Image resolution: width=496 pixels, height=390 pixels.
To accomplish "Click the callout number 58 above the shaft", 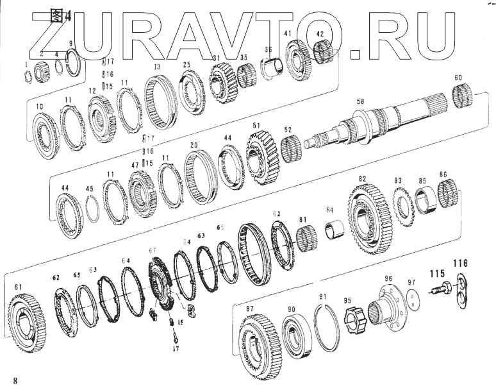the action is [x=360, y=102].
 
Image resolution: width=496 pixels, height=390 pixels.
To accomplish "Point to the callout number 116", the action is [x=460, y=262].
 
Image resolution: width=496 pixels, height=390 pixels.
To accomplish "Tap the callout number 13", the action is [x=156, y=67].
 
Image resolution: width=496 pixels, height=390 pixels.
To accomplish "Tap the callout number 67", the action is [x=153, y=250].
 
